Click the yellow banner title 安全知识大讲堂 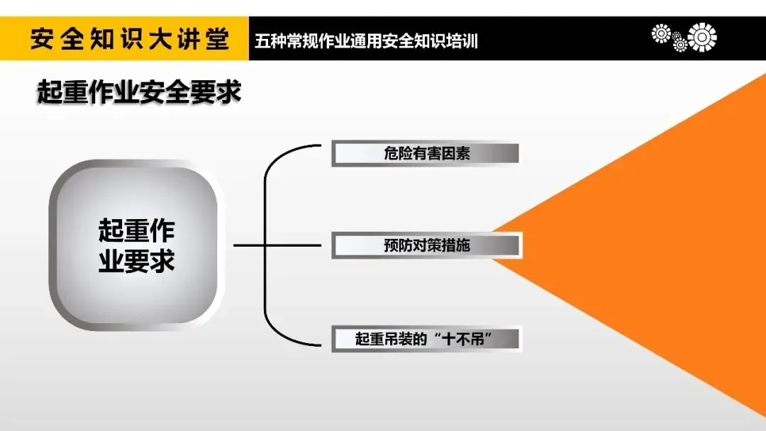[129, 40]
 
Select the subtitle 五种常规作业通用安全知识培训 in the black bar [366, 41]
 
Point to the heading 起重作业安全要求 [139, 93]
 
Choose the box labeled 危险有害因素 [426, 154]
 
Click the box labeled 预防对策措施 [426, 246]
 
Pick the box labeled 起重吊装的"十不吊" [426, 338]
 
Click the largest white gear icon [702, 37]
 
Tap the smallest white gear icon [679, 45]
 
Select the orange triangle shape [660, 241]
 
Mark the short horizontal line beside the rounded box [248, 246]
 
